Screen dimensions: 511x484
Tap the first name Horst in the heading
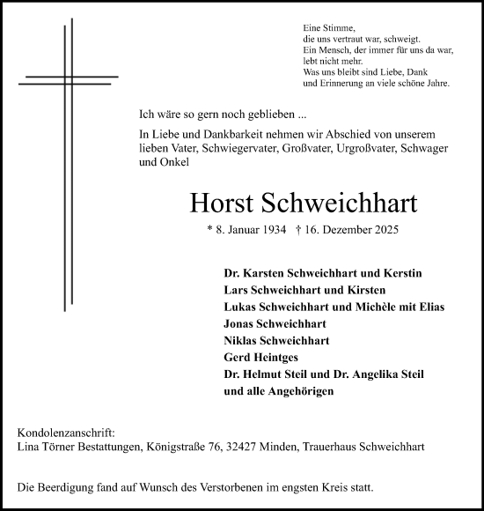(x=225, y=204)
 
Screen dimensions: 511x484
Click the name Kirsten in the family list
(x=366, y=290)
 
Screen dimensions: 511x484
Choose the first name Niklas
(x=244, y=340)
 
